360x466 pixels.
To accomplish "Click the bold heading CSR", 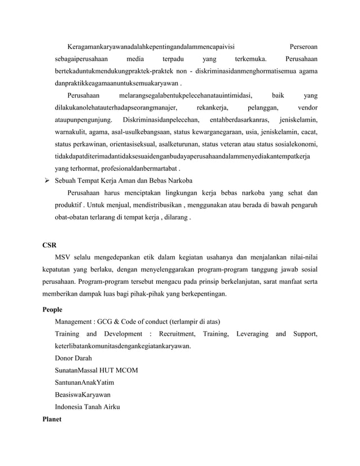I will click(50, 245).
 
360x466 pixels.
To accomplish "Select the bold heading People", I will click(52, 310).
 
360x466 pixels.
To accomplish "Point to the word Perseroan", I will click(303, 45).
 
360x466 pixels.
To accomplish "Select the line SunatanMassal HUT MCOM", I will click(96, 371).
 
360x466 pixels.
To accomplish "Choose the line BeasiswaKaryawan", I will click(82, 395).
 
